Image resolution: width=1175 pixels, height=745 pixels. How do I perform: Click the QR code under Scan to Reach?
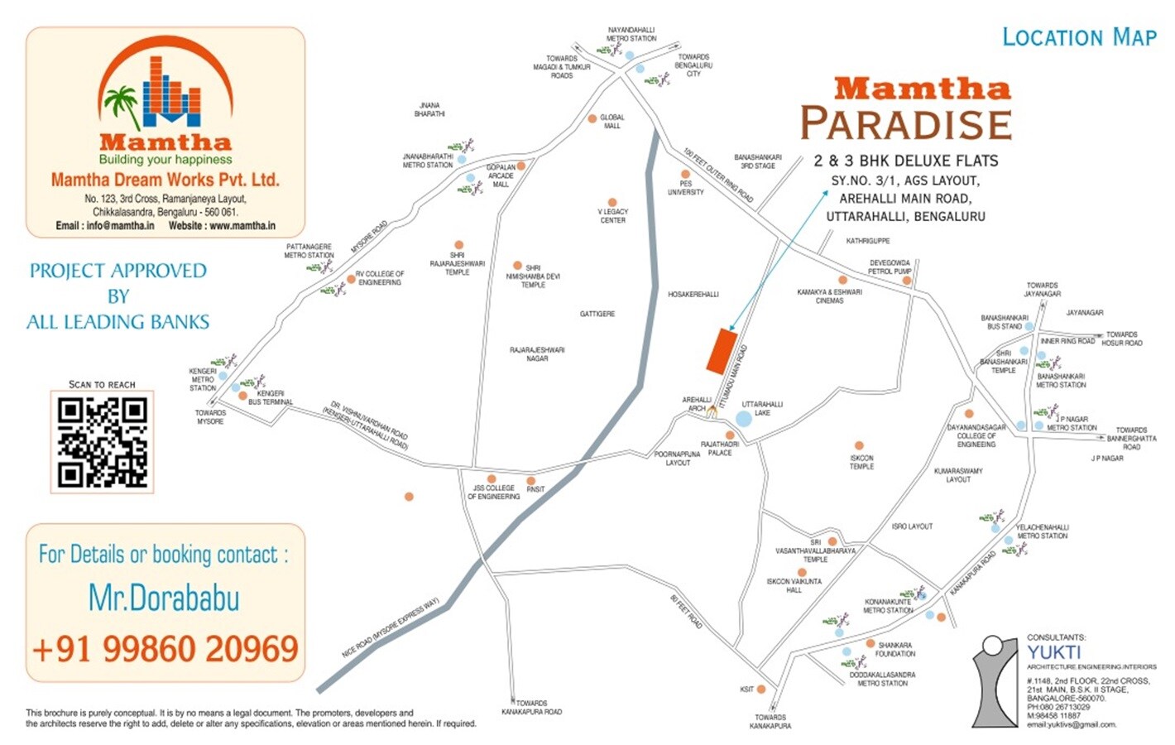pyautogui.click(x=102, y=442)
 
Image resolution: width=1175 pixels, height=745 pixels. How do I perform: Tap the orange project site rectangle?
pyautogui.click(x=722, y=350)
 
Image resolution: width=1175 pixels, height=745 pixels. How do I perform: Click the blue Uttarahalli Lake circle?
pyautogui.click(x=743, y=418)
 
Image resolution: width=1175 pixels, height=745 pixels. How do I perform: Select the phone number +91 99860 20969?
pyautogui.click(x=165, y=649)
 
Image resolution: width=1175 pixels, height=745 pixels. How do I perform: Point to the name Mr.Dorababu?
pyautogui.click(x=164, y=598)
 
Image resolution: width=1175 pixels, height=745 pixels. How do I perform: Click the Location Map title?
pyautogui.click(x=1079, y=37)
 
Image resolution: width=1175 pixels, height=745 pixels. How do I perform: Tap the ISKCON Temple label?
pyautogui.click(x=861, y=462)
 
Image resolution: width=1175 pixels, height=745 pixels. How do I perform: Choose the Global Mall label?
pyautogui.click(x=612, y=122)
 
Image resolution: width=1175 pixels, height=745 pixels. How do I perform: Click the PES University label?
pyautogui.click(x=686, y=188)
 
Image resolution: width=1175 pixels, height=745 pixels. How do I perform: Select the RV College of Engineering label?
pyautogui.click(x=380, y=278)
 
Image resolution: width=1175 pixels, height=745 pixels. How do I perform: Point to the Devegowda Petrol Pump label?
pyautogui.click(x=890, y=267)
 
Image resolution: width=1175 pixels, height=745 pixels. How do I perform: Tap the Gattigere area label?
pyautogui.click(x=597, y=314)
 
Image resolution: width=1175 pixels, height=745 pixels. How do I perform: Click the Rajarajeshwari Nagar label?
pyautogui.click(x=537, y=354)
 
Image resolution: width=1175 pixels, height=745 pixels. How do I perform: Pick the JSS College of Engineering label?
pyautogui.click(x=494, y=493)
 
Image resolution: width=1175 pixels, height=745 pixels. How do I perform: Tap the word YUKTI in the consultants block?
pyautogui.click(x=1054, y=652)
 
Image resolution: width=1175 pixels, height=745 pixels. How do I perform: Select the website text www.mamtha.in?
pyautogui.click(x=242, y=225)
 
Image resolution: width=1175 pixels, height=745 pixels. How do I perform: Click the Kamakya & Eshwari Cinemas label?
pyautogui.click(x=829, y=296)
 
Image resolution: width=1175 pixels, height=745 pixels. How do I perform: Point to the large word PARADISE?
pyautogui.click(x=906, y=124)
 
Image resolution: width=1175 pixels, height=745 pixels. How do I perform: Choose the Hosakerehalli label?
pyautogui.click(x=693, y=294)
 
